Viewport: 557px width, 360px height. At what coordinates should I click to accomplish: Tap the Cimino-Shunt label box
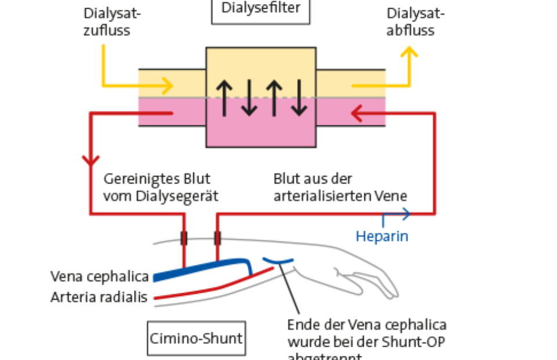click(197, 337)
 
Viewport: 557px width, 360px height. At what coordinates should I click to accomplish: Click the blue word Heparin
click(382, 236)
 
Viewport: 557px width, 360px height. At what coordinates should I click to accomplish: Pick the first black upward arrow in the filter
click(223, 96)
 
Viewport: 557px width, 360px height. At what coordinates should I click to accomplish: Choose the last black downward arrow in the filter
click(299, 96)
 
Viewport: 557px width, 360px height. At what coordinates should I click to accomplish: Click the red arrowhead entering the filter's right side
click(357, 114)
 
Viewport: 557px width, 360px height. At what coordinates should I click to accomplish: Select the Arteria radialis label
click(99, 298)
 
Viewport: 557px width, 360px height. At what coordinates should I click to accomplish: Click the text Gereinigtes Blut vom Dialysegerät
click(161, 188)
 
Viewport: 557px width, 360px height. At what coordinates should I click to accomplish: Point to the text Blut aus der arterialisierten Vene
click(340, 188)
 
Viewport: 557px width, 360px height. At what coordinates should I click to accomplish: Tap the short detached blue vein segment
click(278, 260)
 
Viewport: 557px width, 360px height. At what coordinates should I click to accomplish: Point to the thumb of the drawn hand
click(354, 278)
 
